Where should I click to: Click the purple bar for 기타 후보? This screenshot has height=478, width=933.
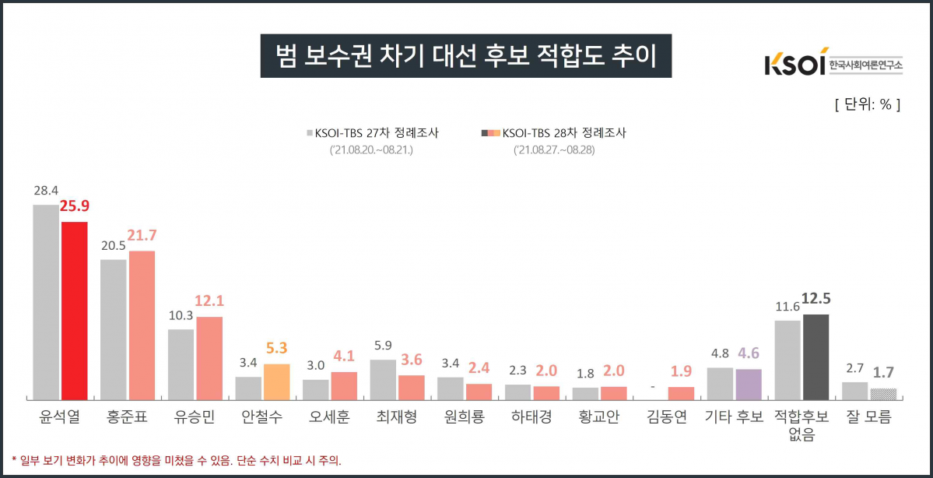click(x=749, y=384)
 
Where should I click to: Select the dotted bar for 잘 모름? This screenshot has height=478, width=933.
click(x=883, y=393)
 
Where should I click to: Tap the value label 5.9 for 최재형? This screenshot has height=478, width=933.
click(x=382, y=346)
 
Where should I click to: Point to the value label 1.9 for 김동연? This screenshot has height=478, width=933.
click(x=681, y=371)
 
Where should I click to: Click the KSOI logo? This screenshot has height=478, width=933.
click(x=833, y=65)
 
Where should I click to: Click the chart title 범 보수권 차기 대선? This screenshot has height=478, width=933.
click(x=465, y=56)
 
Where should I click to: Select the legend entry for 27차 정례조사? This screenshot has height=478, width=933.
click(x=372, y=133)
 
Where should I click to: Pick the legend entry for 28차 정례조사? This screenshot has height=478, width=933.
click(x=554, y=133)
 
